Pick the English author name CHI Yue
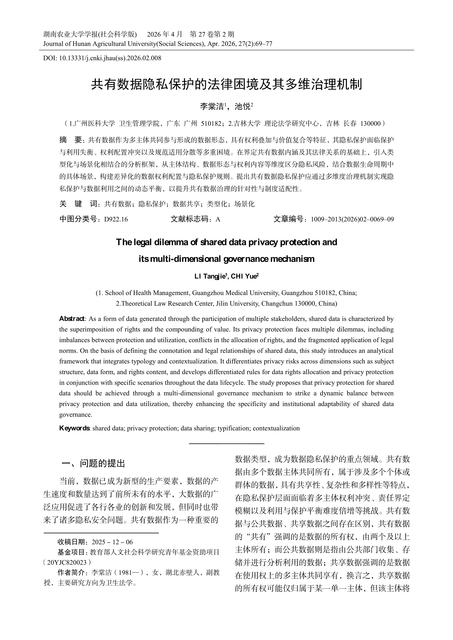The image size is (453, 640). (243, 276)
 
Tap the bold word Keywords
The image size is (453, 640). (74, 428)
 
